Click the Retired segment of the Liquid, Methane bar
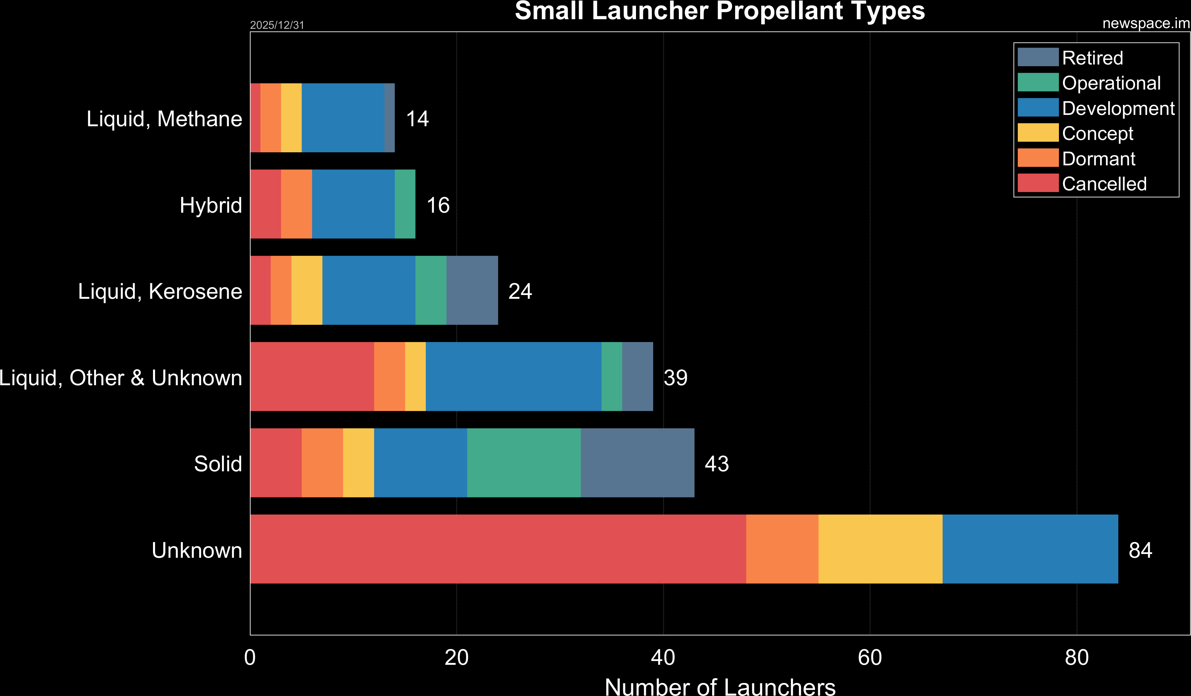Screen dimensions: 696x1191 389,118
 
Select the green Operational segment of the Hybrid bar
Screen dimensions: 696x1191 405,204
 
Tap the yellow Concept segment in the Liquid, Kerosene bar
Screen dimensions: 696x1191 307,290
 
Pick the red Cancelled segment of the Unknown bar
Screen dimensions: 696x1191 498,549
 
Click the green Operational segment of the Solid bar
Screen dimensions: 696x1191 524,463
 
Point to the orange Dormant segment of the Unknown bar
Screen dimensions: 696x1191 782,549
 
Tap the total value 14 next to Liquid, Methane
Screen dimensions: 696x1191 417,119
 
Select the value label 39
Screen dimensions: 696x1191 675,378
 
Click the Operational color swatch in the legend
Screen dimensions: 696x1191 1038,82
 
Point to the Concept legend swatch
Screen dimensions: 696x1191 1038,133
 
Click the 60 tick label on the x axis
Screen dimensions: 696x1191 870,658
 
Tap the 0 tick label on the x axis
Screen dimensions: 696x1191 250,658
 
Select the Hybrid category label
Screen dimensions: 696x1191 211,205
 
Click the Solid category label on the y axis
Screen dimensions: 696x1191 218,463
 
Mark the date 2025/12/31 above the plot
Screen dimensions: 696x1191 277,25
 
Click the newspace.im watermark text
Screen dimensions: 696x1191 1146,23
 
